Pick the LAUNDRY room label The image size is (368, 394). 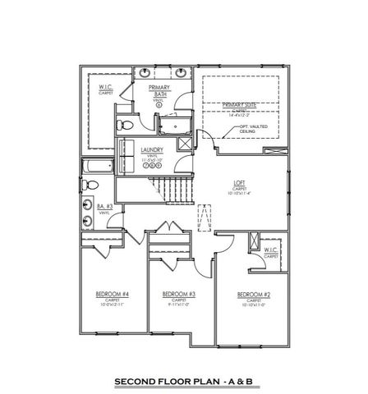152,149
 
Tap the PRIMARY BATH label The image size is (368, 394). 158,89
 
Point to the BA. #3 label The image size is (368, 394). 104,208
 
